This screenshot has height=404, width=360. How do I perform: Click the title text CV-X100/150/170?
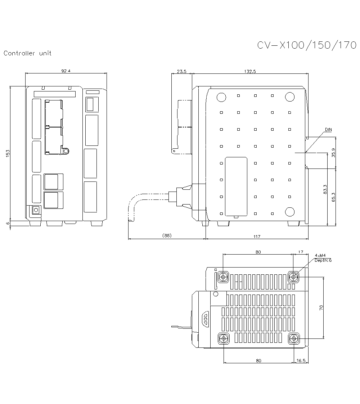coord(306,45)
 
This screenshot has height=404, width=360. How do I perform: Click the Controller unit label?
coord(27,53)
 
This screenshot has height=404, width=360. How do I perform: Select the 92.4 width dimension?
coord(66,71)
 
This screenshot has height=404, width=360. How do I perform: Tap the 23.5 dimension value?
coord(182,71)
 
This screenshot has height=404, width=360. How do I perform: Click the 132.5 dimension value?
coord(249,71)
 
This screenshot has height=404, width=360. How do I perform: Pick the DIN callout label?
coord(328,129)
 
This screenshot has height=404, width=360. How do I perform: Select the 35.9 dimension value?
coord(333,153)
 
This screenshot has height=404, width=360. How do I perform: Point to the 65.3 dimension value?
coord(333,197)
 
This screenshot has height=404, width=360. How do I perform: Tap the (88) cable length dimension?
coord(167,236)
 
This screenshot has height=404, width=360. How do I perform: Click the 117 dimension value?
coord(256,236)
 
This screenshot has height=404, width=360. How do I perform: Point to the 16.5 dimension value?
coord(301,360)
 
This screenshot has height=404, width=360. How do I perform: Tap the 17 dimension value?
coord(301,252)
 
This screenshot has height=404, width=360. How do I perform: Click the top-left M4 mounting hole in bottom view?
coord(224,277)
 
